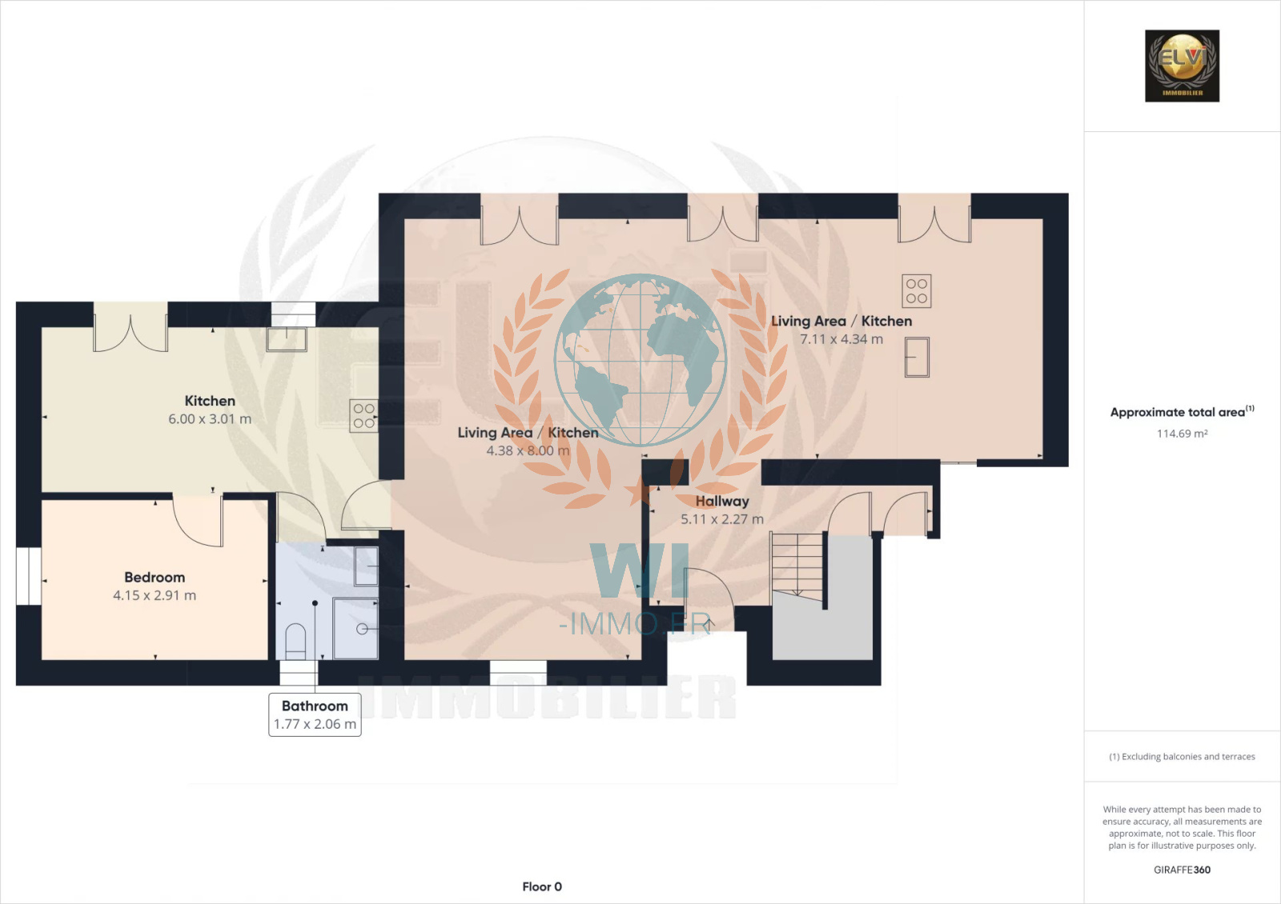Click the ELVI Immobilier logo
tap(1182, 66)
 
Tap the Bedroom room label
tap(155, 577)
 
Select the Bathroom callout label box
tap(315, 715)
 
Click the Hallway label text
tap(722, 501)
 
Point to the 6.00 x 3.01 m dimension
tap(210, 419)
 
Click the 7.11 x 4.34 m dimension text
tap(841, 339)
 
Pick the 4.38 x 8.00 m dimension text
tap(528, 450)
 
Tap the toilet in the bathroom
tap(295, 642)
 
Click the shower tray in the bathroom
tap(355, 629)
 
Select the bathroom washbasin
tap(367, 566)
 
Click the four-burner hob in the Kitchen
tap(363, 415)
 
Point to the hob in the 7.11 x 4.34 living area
tap(917, 291)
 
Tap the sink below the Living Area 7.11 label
tap(918, 357)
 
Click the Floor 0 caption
tap(542, 886)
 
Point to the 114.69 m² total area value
tap(1182, 433)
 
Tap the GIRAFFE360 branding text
tap(1182, 870)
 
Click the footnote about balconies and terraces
tap(1182, 757)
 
